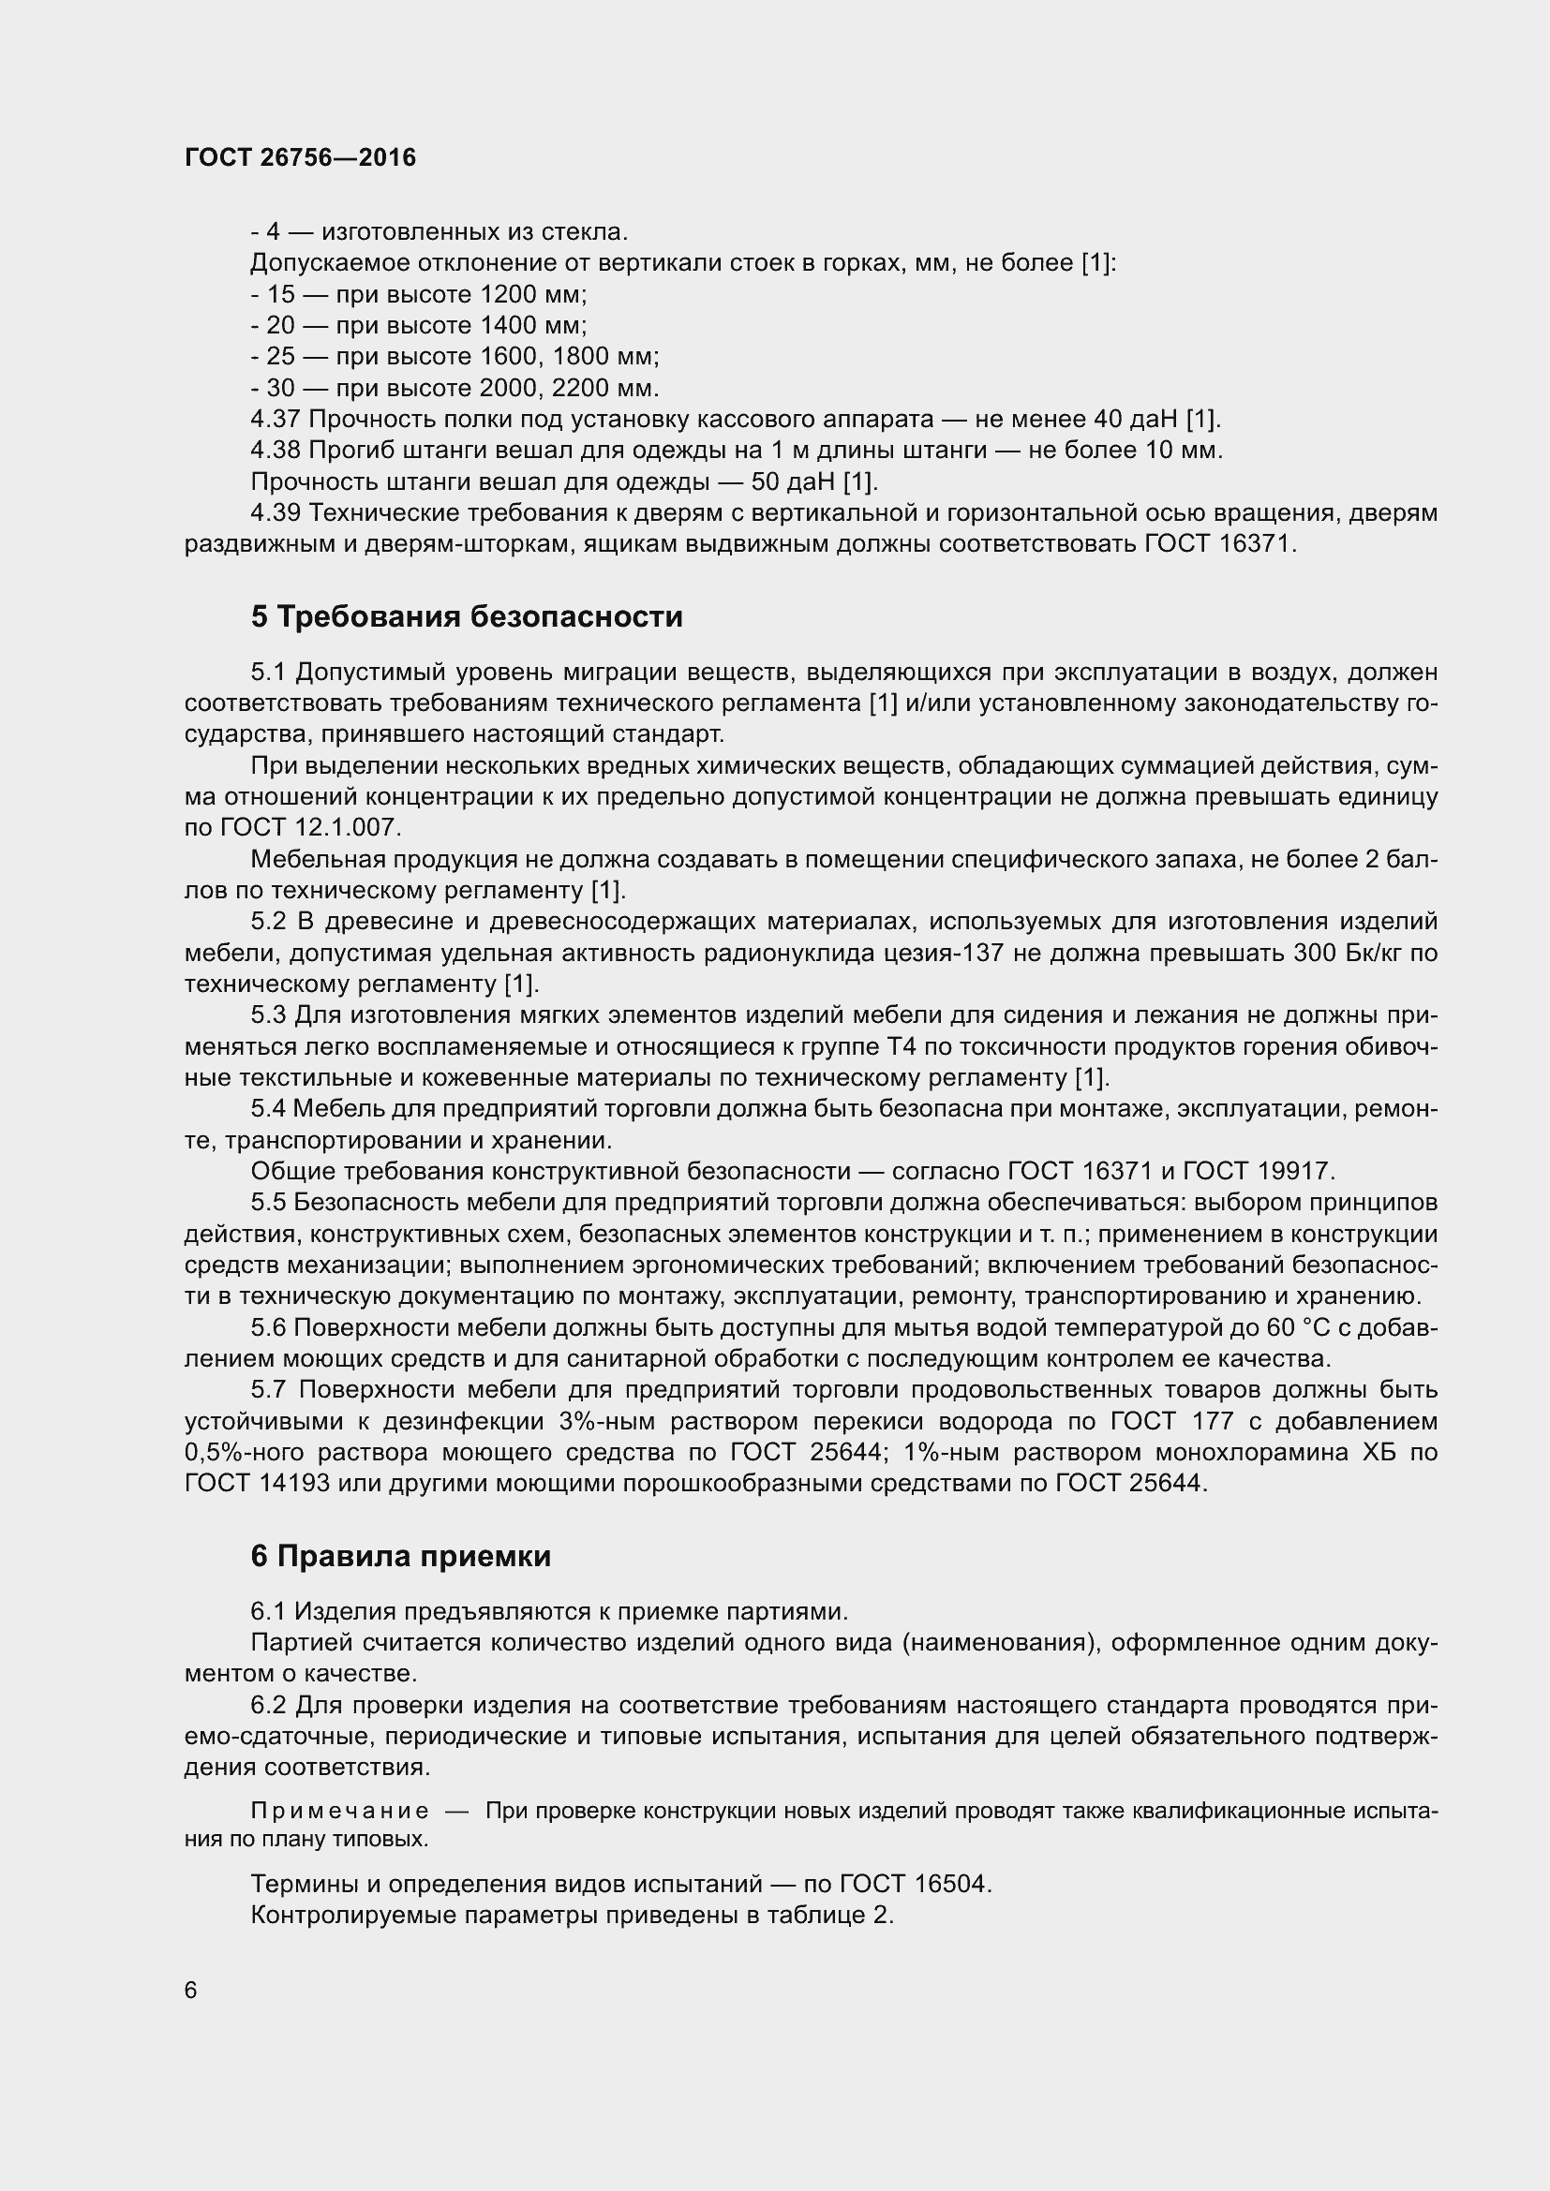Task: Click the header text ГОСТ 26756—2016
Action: [300, 157]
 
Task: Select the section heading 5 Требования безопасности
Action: [467, 616]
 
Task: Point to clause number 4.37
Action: [275, 419]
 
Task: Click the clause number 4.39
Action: [275, 513]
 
